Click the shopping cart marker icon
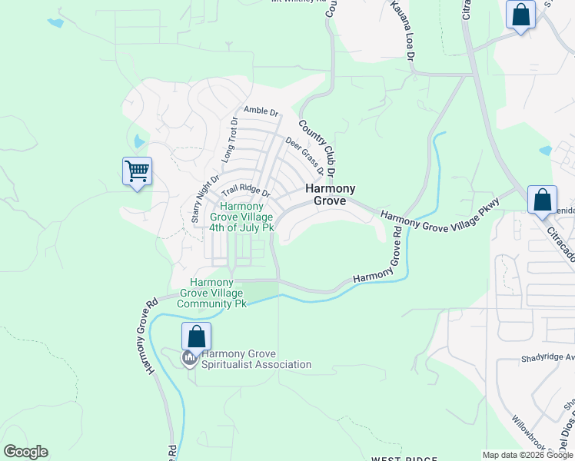pos(137,171)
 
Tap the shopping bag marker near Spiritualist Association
pos(196,337)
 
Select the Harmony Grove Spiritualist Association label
pos(256,359)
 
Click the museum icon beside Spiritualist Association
pos(189,358)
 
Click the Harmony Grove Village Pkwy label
pos(440,216)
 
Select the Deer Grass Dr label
pos(304,155)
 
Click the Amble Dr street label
pos(261,111)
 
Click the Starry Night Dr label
pos(200,196)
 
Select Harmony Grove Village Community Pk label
pos(212,293)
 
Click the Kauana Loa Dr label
pos(402,32)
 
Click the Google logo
pos(25,452)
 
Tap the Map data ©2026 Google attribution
pos(527,455)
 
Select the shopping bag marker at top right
pos(520,15)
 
